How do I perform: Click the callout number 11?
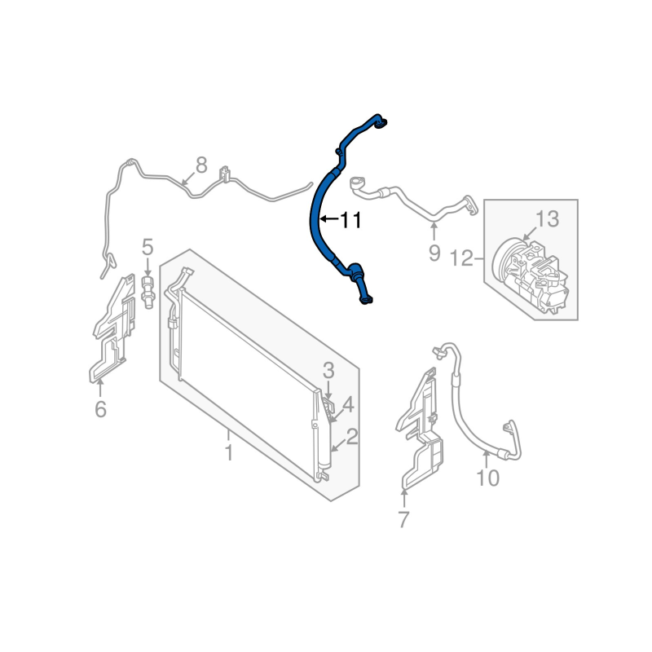pos(351,220)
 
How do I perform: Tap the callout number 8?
pos(201,165)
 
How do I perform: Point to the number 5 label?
pos(148,247)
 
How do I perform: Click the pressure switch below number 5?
pos(148,292)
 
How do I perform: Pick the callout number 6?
pos(100,409)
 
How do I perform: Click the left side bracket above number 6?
pos(113,328)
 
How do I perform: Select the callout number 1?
pos(229,452)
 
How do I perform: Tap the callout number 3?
pos(328,371)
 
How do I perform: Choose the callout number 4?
pos(348,404)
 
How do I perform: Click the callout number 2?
pos(352,437)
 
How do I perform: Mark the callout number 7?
pos(403,519)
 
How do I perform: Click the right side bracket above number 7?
pos(420,429)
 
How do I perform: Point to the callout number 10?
pos(487,478)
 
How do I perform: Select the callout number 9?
pos(434,253)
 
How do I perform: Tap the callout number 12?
pos(462,258)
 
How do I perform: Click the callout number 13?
pos(547,219)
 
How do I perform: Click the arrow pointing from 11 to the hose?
pos(329,218)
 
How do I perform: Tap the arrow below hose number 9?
pos(434,232)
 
